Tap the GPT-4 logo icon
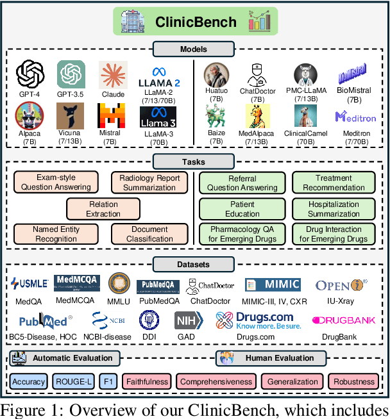30,74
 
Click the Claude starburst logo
112,75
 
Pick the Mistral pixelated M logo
110,115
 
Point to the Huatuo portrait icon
216,75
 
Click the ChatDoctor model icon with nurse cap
258,75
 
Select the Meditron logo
355,117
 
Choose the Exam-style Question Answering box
55,183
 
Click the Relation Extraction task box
103,209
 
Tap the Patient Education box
242,209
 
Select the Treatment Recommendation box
334,183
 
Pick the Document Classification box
149,234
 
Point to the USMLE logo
30,283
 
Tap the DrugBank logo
344,320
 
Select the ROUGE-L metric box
74,381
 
